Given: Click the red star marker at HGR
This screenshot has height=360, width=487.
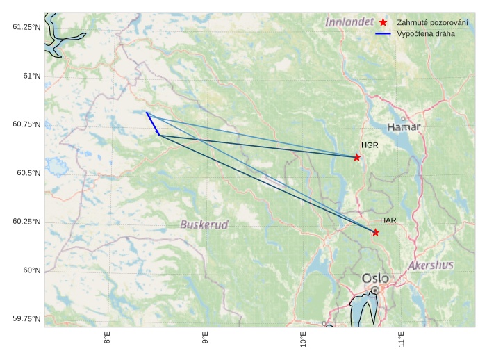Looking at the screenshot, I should pos(357,157).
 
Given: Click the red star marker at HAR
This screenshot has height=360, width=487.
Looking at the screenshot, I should pos(376,232).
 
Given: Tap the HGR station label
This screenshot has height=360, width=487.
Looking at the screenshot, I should pos(370,145).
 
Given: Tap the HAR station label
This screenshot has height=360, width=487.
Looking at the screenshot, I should pos(388,220).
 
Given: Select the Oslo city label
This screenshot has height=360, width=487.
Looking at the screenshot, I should pos(375,279).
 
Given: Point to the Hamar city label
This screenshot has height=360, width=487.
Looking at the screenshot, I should pos(404,127).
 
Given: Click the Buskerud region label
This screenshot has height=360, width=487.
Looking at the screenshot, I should pos(204,224).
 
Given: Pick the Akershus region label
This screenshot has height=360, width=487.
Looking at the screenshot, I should pos(431,265).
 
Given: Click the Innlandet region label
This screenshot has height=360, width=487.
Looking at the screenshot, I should pos(349,22).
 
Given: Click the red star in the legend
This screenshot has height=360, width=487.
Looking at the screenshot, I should pos(383,23).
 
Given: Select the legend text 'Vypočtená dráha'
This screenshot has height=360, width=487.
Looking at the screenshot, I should pos(426,34).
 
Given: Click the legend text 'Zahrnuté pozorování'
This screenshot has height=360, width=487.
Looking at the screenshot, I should pos(432,23).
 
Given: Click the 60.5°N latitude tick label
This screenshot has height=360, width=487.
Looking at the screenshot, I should pos(27,172).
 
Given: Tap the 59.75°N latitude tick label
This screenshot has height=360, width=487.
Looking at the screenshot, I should pos(27,318).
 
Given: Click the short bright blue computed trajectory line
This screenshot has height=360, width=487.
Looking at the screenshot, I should pos(152,123).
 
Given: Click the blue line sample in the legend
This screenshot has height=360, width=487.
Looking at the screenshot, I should pos(383,34).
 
